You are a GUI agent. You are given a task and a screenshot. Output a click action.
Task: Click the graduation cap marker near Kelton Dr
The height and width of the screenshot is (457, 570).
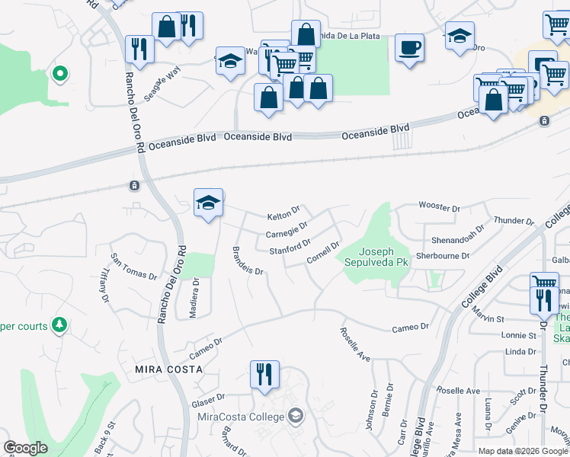pos(208,203)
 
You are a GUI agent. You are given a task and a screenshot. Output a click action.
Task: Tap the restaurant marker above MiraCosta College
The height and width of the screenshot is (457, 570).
pos(264,375)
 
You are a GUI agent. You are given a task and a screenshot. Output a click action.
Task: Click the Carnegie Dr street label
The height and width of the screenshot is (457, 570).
pos(287,229)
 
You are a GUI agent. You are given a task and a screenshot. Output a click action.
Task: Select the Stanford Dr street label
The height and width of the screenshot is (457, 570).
pos(290,248)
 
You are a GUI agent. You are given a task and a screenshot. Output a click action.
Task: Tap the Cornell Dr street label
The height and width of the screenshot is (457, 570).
pos(322,253)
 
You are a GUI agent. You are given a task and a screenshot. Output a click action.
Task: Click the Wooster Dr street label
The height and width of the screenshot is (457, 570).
pos(440,207)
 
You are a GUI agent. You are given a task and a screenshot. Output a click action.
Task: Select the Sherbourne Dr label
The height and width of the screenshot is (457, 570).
pos(443,257)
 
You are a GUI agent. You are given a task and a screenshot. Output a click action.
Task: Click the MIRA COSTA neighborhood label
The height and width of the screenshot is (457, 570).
pos(168,369)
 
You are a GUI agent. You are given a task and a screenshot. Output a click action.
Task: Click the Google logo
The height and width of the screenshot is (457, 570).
pos(25,448)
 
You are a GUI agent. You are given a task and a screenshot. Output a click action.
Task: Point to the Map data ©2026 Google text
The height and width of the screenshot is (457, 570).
pos(522,451)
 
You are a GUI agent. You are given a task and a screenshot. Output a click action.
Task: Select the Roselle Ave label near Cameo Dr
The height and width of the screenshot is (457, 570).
pos(354,344)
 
